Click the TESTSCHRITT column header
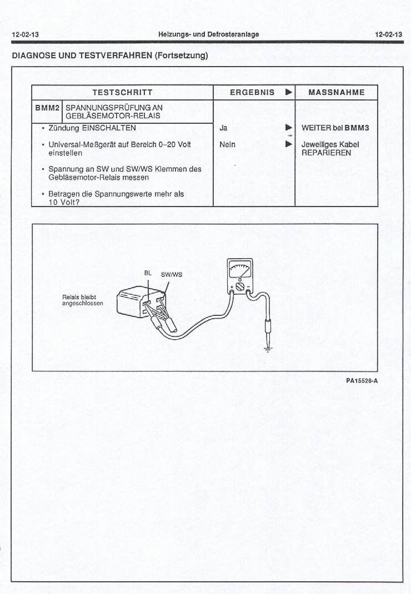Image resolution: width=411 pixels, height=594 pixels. coord(122,92)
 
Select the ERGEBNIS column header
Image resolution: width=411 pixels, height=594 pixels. coord(252,92)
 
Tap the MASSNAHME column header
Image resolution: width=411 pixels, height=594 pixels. coord(337,92)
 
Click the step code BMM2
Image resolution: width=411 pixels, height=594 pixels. coord(47,107)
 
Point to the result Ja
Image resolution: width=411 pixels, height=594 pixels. coord(223,128)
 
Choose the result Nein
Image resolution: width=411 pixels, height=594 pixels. coord(227,144)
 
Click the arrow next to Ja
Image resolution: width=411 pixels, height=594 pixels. coord(288,128)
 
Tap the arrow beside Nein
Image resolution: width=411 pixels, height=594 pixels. coord(288,144)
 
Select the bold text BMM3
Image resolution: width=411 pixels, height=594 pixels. coord(357,128)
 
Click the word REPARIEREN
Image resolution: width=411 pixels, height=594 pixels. coord(326,153)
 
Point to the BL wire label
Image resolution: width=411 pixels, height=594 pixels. coord(148,273)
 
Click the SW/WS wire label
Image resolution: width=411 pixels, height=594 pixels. coord(172,274)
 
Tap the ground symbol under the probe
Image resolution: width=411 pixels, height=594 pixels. coord(269,349)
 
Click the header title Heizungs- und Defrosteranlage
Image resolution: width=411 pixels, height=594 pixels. coord(208,34)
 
